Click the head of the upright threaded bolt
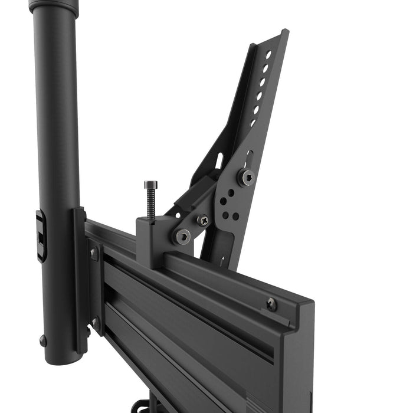149,184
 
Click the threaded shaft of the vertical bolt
150,204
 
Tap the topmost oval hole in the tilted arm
268,55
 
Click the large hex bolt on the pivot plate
245,176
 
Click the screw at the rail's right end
271,304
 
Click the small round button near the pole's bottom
43,340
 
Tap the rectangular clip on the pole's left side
40,236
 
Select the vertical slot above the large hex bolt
249,158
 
